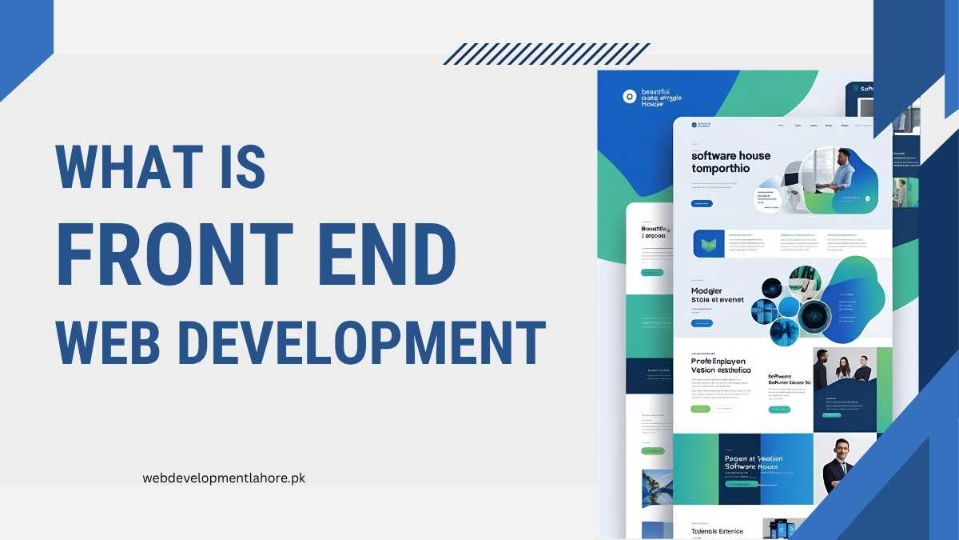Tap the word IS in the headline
click(237, 168)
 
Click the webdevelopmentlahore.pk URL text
click(224, 478)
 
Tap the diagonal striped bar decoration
click(547, 54)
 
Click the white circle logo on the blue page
click(629, 96)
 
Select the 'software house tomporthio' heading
click(730, 162)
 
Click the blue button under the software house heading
click(702, 204)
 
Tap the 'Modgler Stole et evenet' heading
click(717, 295)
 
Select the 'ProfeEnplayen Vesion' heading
click(720, 366)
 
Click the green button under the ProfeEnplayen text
click(700, 409)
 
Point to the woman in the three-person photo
click(842, 369)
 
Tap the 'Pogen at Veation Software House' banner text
click(754, 462)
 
